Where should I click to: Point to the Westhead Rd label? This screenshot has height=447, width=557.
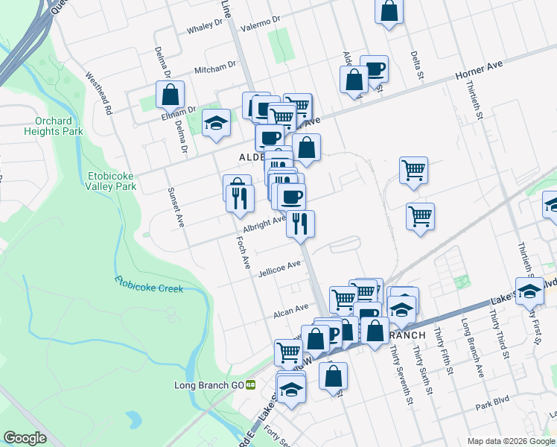[98, 92]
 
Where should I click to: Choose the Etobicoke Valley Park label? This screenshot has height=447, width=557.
[111, 181]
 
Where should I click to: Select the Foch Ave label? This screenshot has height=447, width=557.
[241, 253]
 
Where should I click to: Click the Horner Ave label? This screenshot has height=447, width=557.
[480, 70]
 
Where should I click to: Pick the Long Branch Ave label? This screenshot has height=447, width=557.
[472, 348]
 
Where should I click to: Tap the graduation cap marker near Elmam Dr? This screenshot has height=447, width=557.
[216, 123]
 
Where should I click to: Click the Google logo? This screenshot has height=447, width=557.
[25, 438]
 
